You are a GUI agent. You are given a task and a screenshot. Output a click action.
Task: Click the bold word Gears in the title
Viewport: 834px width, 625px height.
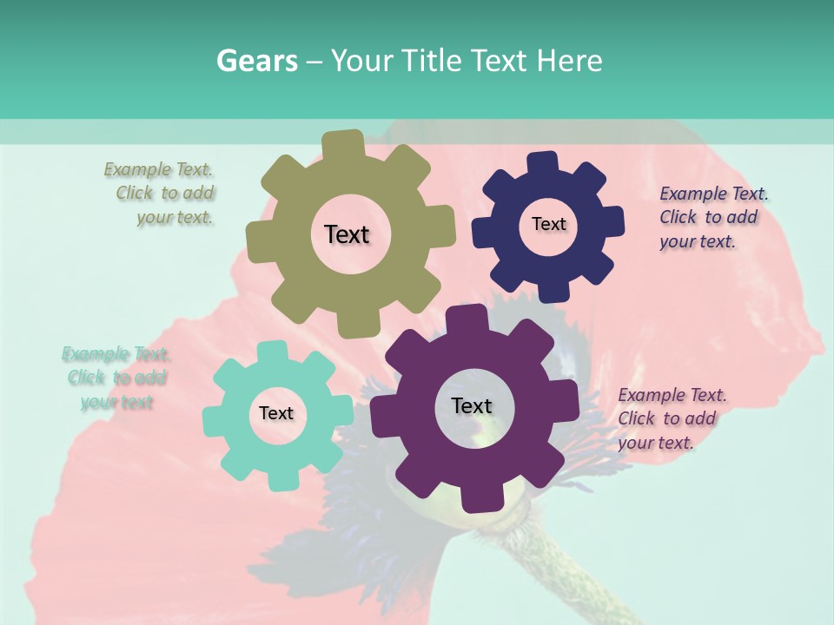point(256,61)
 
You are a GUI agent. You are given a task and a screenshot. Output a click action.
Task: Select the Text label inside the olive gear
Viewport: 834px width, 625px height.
point(347,234)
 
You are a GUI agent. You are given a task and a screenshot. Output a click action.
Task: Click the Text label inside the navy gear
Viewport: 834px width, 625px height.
point(548,224)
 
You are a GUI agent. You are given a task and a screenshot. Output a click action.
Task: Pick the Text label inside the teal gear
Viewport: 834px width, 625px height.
point(276,413)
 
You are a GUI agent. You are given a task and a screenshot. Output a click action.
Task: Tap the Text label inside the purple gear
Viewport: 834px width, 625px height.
point(472,405)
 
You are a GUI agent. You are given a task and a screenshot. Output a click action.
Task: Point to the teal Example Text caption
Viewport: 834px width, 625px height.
point(116,378)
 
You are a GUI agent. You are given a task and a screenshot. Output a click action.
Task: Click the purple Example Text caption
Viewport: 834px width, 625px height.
point(670,418)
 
